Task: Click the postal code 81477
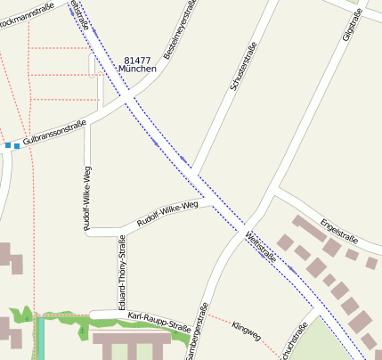pos(139,59)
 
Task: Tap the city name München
pos(137,69)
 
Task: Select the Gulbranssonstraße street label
pos(54,133)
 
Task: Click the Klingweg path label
pos(246,333)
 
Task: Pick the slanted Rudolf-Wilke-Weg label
pos(167,214)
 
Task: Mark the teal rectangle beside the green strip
pos(40,338)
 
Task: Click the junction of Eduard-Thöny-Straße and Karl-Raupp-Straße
pos(119,313)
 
